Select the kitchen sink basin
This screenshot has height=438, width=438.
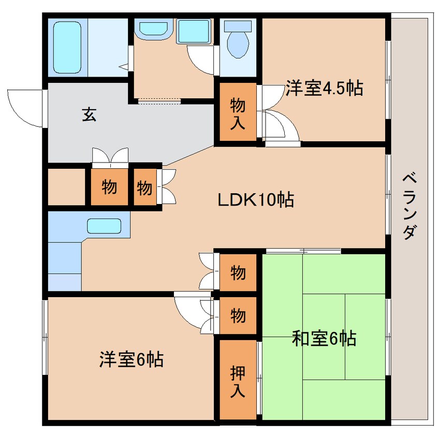[x=104, y=226]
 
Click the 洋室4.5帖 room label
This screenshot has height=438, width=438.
[x=323, y=89]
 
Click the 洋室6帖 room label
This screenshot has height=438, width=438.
[x=132, y=359]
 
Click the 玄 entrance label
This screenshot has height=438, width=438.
[x=89, y=115]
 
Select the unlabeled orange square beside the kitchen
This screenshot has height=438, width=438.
[x=66, y=185]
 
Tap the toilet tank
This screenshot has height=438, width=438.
[x=238, y=25]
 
